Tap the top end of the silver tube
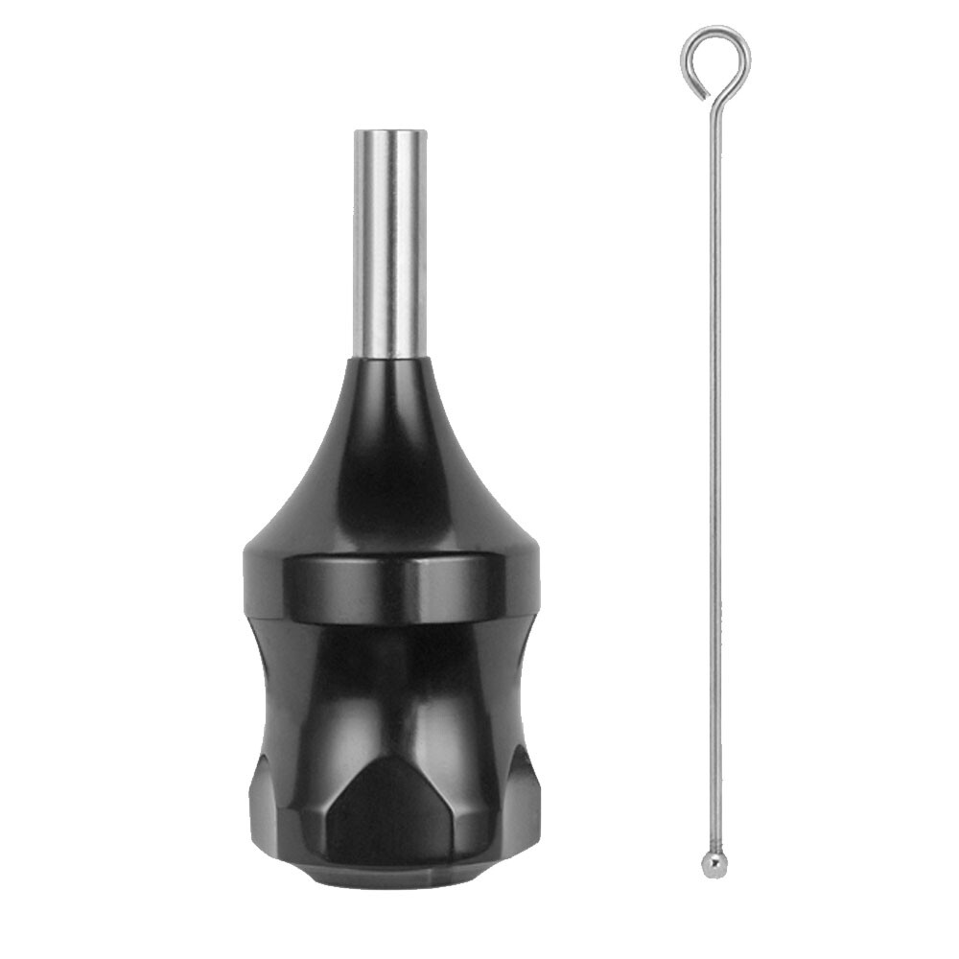[390, 131]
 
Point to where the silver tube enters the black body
[390, 358]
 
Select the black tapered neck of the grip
[390, 451]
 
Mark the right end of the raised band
[533, 585]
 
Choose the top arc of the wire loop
[715, 30]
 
